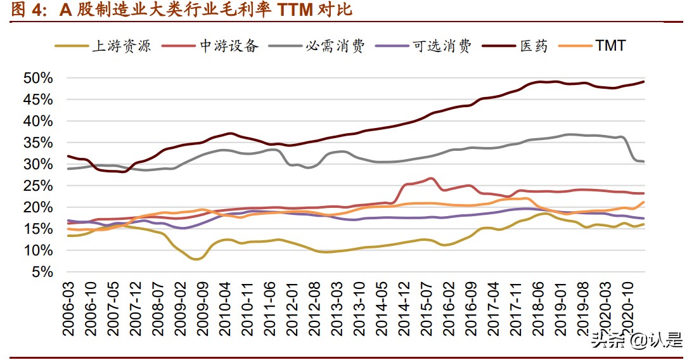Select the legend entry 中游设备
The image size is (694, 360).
pyautogui.click(x=229, y=46)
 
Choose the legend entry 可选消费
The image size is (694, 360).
pyautogui.click(x=442, y=46)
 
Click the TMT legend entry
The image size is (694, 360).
pyautogui.click(x=610, y=46)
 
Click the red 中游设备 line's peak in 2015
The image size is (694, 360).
pyautogui.click(x=430, y=179)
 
